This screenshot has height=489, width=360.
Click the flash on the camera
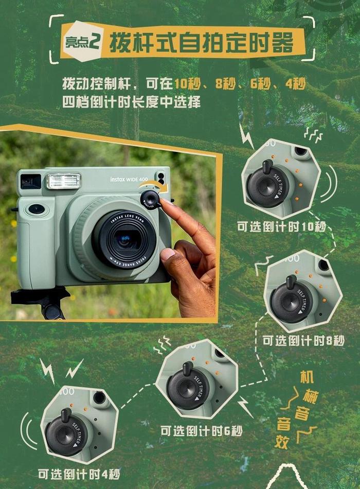click(64, 181)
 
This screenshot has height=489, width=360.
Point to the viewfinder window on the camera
click(30, 182)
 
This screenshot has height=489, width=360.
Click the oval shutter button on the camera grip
click(37, 209)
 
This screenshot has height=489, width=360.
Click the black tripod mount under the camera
click(41, 301)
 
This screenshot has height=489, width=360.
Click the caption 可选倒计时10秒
click(281, 226)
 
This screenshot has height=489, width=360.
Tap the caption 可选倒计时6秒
click(202, 431)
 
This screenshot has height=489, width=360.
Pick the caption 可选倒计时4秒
click(79, 475)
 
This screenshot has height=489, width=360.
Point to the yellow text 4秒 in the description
click(295, 84)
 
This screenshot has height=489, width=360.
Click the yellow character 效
click(282, 442)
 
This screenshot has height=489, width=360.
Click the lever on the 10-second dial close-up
click(267, 167)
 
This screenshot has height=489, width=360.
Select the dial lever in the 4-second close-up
click(66, 415)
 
